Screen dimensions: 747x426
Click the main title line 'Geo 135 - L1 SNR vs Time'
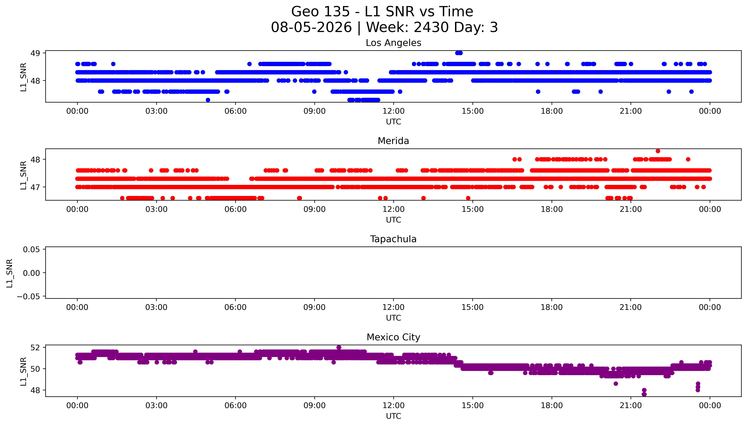point(382,12)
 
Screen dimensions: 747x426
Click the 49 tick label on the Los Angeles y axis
point(35,53)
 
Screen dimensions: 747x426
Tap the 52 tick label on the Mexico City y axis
point(35,348)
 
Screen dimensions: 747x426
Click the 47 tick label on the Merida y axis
point(35,187)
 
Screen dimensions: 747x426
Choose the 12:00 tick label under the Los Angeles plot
point(393,111)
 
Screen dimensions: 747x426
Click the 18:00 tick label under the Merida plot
point(552,209)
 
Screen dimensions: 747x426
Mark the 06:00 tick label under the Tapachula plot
point(236,307)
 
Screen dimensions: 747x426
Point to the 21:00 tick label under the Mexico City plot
point(631,405)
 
